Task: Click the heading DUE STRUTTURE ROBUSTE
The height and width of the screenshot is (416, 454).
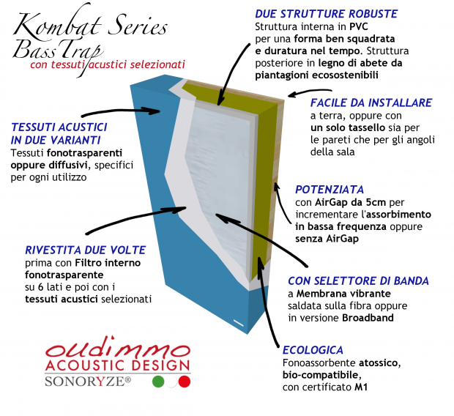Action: tap(326, 14)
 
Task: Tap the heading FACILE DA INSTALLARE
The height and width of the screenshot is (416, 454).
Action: tap(371, 103)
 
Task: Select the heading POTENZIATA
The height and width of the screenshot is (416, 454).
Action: tap(325, 189)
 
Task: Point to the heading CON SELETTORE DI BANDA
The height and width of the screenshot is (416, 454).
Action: tap(358, 281)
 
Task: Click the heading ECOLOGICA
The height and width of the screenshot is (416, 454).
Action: tap(313, 350)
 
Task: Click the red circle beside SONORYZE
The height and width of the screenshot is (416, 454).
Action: tap(184, 382)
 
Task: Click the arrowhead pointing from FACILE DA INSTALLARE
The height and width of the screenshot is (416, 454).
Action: tap(290, 94)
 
